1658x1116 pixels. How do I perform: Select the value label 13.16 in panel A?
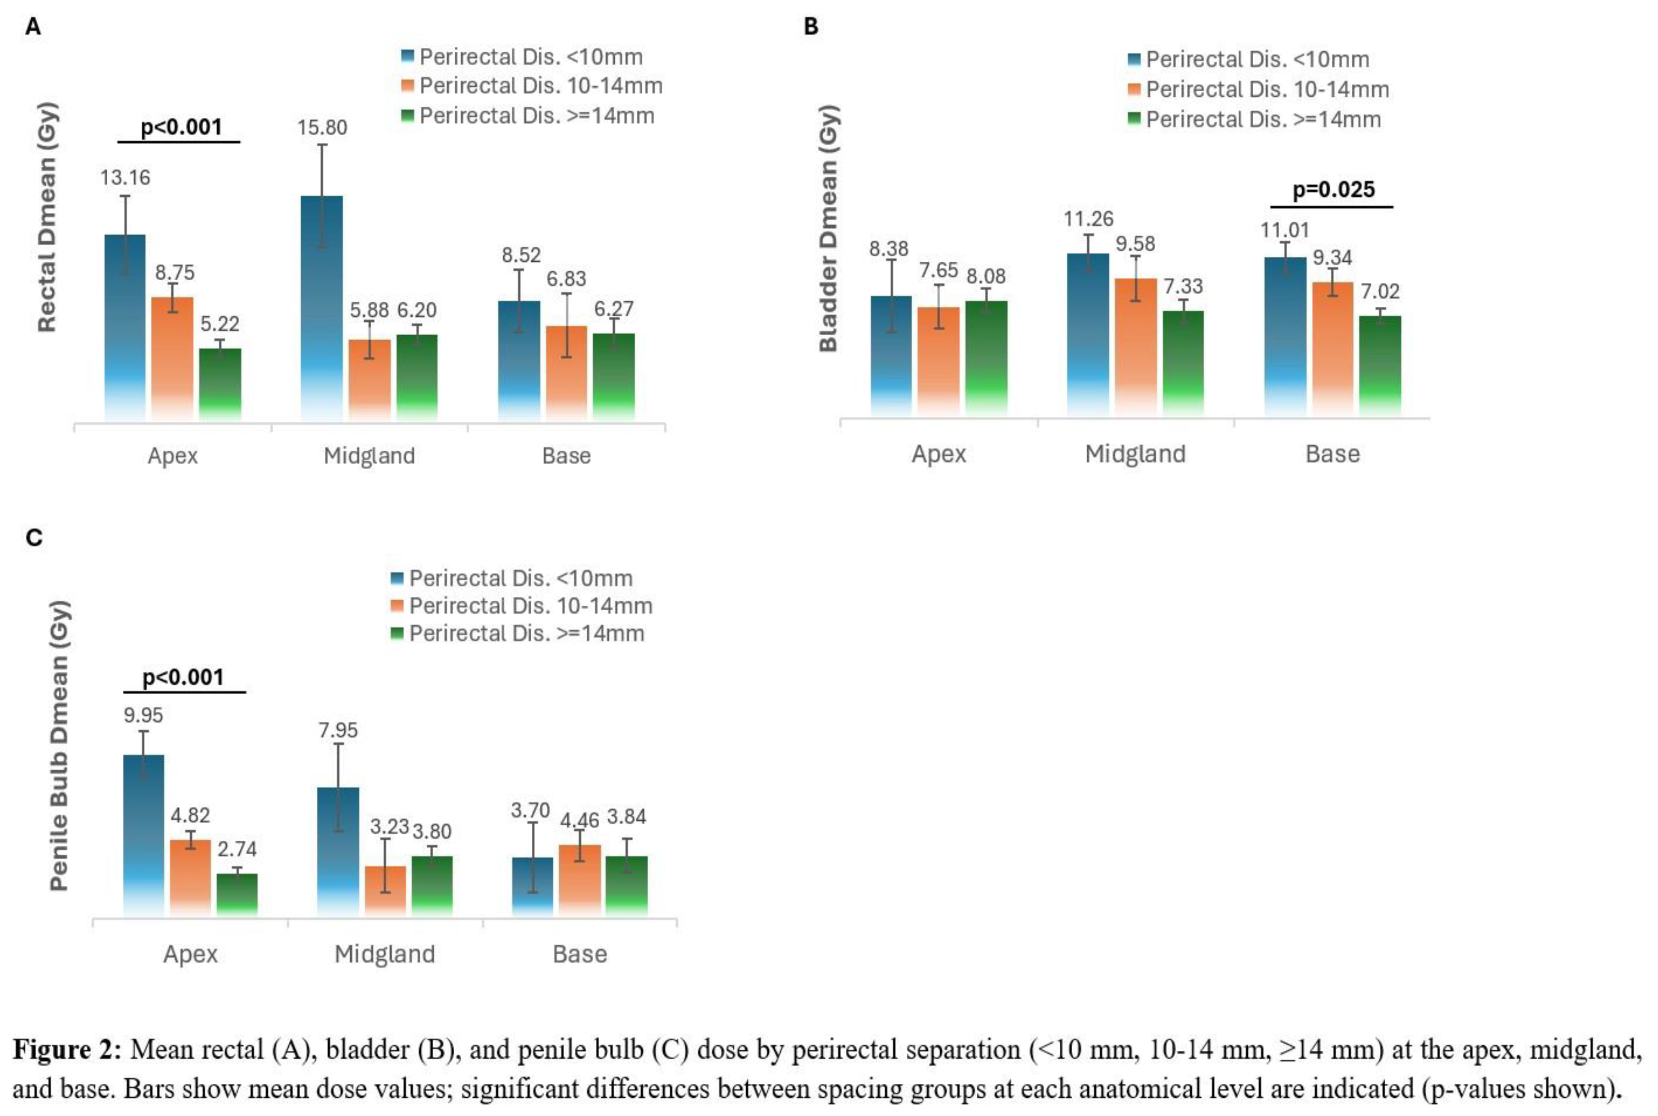[125, 178]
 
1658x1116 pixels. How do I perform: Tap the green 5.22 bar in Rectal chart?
[220, 384]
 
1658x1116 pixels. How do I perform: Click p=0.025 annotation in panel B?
[1333, 190]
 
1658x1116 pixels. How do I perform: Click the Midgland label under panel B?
[1135, 454]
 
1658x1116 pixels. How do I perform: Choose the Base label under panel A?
[567, 455]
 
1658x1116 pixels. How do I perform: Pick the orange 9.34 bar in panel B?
[1332, 349]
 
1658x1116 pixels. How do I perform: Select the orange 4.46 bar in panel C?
[579, 880]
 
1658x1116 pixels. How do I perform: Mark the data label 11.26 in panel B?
[1088, 219]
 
